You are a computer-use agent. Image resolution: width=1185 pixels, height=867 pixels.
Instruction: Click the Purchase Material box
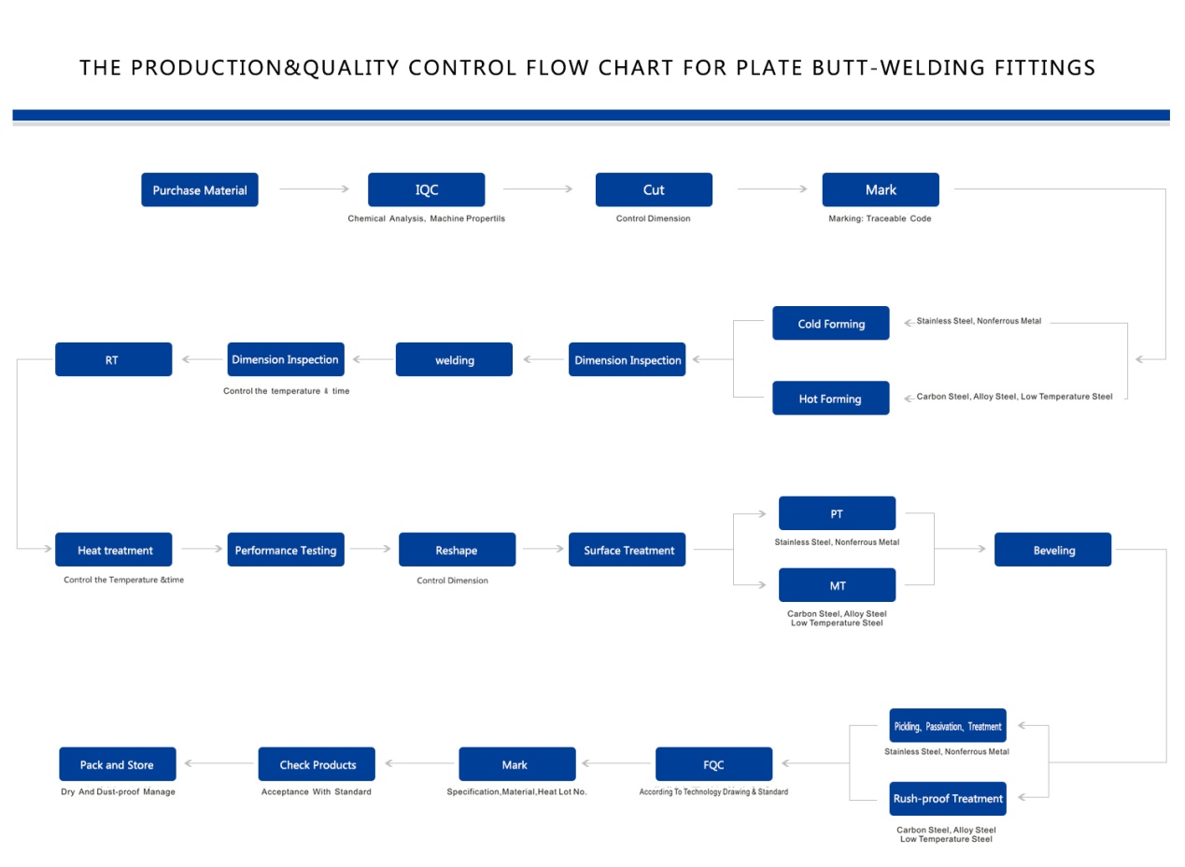pyautogui.click(x=200, y=189)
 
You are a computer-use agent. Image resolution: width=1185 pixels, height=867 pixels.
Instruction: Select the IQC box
pyautogui.click(x=427, y=189)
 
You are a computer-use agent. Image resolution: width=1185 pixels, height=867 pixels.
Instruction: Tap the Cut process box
pyautogui.click(x=654, y=189)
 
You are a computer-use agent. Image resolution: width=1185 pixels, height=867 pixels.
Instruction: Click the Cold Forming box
pyautogui.click(x=831, y=323)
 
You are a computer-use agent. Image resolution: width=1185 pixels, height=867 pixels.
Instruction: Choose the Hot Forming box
pyautogui.click(x=831, y=399)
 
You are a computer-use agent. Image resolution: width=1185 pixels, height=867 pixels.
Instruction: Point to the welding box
pyautogui.click(x=455, y=359)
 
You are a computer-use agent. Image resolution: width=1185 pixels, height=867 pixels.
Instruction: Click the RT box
pyautogui.click(x=114, y=359)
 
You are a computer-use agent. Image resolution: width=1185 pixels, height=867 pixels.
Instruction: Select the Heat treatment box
pyautogui.click(x=114, y=550)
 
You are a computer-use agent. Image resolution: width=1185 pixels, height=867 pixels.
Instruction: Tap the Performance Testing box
pyautogui.click(x=286, y=550)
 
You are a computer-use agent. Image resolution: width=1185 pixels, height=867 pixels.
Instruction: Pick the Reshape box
pyautogui.click(x=458, y=550)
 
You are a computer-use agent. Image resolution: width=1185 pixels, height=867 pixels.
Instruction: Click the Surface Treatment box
pyautogui.click(x=628, y=550)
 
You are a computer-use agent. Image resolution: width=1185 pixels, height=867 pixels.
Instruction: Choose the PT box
pyautogui.click(x=838, y=513)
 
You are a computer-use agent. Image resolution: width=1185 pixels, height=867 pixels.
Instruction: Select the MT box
pyautogui.click(x=838, y=585)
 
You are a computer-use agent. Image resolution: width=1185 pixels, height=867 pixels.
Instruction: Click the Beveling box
pyautogui.click(x=1053, y=550)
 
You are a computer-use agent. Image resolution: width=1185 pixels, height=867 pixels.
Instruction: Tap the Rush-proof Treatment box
pyautogui.click(x=948, y=799)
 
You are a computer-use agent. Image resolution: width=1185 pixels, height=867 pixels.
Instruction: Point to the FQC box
pyautogui.click(x=714, y=764)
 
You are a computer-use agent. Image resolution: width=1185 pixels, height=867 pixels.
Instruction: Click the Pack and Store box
pyautogui.click(x=118, y=764)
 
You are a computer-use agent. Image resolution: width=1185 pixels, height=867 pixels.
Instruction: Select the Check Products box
pyautogui.click(x=317, y=764)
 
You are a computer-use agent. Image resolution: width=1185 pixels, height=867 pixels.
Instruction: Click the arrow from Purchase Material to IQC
pyautogui.click(x=315, y=189)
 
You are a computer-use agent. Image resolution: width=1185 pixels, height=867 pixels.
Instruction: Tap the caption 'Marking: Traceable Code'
pyautogui.click(x=880, y=218)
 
